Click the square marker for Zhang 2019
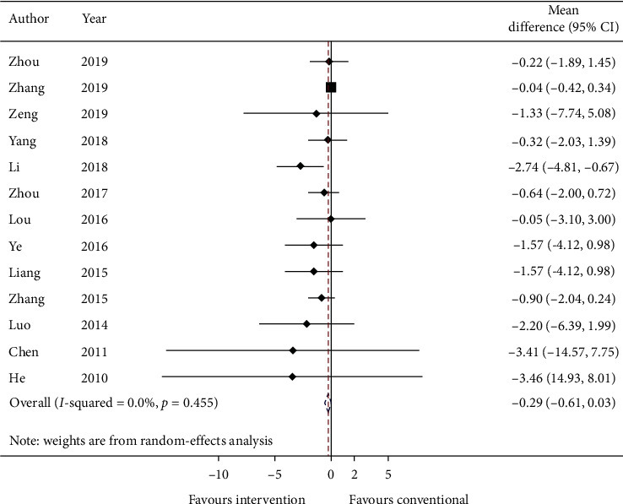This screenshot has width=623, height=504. (331, 87)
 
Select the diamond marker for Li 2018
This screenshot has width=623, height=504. (300, 166)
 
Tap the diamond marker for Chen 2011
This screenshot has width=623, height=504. (293, 350)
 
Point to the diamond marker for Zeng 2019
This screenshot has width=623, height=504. (316, 113)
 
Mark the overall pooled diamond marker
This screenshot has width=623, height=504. (328, 404)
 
